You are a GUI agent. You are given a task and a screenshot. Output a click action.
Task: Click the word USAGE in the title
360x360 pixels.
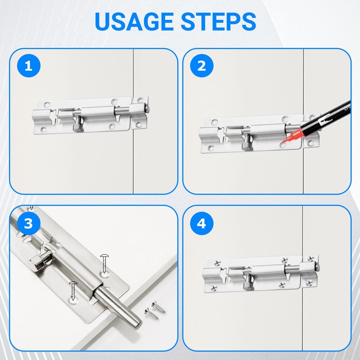[x=134, y=21]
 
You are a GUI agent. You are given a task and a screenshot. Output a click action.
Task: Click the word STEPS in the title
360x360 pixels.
[x=218, y=21]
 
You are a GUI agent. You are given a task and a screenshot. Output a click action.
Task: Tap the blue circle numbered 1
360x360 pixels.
[x=29, y=66]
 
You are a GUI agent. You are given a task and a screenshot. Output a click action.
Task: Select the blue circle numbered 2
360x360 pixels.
[x=202, y=66]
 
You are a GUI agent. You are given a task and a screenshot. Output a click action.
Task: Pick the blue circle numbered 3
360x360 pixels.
[x=29, y=223]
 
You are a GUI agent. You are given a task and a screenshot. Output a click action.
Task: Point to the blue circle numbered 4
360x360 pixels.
[x=202, y=223]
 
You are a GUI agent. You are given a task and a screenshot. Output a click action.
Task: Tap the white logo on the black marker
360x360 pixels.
[x=324, y=120]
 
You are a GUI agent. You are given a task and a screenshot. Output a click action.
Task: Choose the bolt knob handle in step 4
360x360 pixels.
[x=248, y=282]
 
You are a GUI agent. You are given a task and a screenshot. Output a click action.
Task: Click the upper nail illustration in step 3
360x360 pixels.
[x=104, y=263]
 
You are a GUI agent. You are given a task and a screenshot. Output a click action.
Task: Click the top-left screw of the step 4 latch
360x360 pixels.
[x=217, y=263]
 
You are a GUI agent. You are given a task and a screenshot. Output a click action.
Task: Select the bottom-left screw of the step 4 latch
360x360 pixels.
[x=214, y=288]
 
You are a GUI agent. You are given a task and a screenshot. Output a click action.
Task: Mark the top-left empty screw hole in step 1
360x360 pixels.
[x=47, y=105]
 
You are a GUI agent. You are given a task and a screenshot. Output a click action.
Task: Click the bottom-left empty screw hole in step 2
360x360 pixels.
[x=211, y=148]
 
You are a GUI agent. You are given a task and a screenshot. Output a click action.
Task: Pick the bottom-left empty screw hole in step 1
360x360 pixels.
[x=44, y=130]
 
